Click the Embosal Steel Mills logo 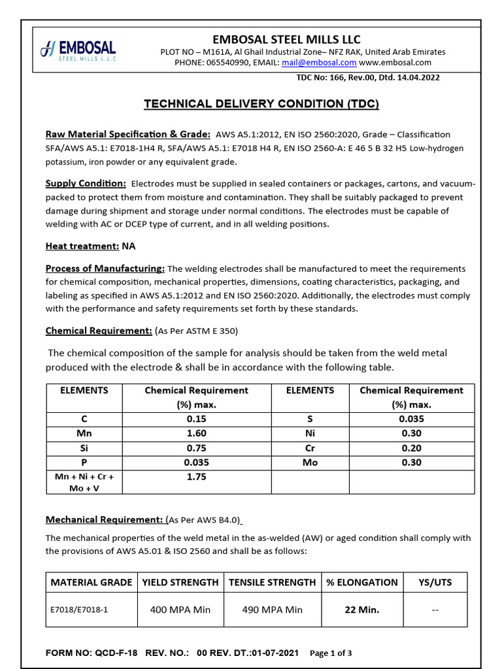click(x=78, y=50)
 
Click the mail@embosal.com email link click(x=319, y=63)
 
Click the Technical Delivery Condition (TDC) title click(x=261, y=104)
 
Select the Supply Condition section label click(x=85, y=184)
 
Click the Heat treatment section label click(x=82, y=246)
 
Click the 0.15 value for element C click(x=196, y=419)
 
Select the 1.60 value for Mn click(x=196, y=433)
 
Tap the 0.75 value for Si click(x=196, y=448)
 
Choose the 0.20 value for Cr click(x=412, y=448)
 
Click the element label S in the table click(x=310, y=419)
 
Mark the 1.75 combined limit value click(x=196, y=477)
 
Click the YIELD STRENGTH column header click(x=180, y=582)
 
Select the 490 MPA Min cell click(x=272, y=610)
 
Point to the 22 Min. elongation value click(x=362, y=610)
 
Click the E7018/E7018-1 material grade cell click(x=79, y=610)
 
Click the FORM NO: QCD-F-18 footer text click(x=92, y=653)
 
